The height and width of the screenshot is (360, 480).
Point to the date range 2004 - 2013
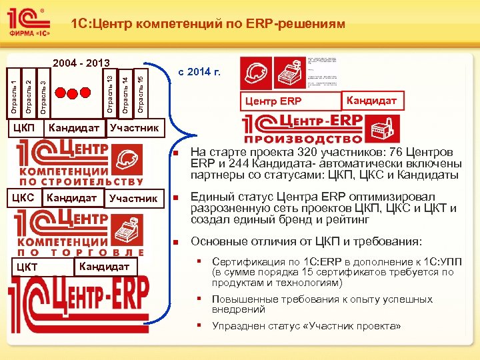point(81,63)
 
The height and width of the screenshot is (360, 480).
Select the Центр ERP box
point(273,101)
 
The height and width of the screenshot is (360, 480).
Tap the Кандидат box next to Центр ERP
point(372,100)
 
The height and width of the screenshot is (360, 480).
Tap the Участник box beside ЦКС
point(133,198)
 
